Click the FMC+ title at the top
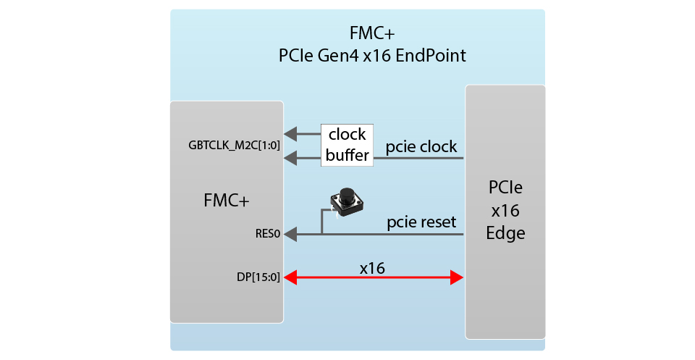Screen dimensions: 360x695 (x=372, y=33)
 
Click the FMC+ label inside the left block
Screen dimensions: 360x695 (x=226, y=201)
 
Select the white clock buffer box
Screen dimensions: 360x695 (x=347, y=145)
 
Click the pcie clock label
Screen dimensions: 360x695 (x=421, y=147)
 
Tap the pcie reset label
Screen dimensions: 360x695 (x=421, y=222)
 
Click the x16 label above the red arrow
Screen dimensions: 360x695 (x=372, y=267)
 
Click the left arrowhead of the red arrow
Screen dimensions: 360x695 (x=291, y=277)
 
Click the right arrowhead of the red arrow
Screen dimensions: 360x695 (x=456, y=277)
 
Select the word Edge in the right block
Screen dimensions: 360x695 (x=505, y=233)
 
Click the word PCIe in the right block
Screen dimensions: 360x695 (x=505, y=188)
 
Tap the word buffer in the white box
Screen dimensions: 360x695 (x=347, y=155)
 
